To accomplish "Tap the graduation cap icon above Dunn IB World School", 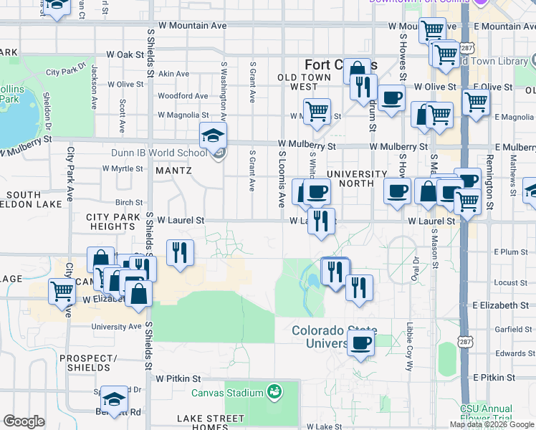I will coord(213,135).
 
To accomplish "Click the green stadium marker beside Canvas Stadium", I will coord(272,392).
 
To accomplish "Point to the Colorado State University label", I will coord(332,337).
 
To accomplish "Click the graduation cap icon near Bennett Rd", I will coord(113,399).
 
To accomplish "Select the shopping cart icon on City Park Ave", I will coord(62,291).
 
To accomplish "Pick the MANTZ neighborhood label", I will coord(173,171).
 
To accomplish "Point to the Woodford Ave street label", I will coord(183,95).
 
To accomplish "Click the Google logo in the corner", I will coord(24,421).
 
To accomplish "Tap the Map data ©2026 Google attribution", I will coord(492,424).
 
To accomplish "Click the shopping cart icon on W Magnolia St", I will coord(316,111).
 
